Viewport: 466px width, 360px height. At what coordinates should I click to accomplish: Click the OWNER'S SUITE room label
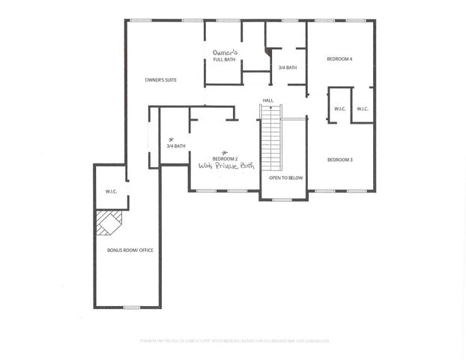point(161,79)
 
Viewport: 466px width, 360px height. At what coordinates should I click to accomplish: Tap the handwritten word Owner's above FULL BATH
point(225,52)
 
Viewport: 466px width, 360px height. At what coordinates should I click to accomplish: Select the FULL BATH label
point(224,60)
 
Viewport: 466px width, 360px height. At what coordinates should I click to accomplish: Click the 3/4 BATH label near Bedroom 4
point(288,68)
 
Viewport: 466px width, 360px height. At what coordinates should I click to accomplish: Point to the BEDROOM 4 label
point(339,58)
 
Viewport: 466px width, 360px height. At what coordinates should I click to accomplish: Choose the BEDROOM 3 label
point(339,160)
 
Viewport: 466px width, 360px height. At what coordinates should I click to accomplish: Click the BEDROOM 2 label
point(225,159)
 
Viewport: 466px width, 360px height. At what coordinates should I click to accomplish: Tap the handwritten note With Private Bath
point(228,167)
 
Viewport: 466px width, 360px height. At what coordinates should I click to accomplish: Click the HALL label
point(267,100)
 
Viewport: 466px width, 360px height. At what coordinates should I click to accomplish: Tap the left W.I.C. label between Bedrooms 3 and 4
point(339,109)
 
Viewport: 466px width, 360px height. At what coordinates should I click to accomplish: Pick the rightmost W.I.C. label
point(363,109)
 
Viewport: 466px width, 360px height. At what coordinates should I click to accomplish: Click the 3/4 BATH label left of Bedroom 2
point(176,146)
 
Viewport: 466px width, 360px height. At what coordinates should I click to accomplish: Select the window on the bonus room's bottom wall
point(132,307)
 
